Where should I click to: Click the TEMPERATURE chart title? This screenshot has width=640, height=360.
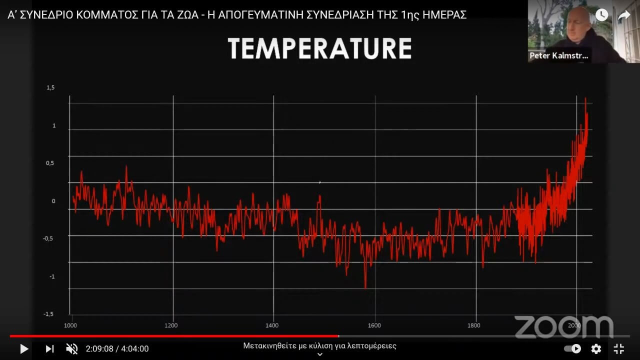point(319,48)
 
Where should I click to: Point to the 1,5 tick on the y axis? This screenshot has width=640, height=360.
point(50,88)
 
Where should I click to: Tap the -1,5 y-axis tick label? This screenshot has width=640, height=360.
point(48,314)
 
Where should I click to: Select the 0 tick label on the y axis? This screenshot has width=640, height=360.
point(53,201)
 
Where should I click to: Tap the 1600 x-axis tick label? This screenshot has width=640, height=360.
point(374,325)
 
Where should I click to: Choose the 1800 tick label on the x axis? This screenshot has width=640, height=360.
point(473,325)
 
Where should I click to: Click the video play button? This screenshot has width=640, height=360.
point(23,348)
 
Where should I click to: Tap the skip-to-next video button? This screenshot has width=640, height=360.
point(49,348)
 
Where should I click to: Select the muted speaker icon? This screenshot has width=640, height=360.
point(71,348)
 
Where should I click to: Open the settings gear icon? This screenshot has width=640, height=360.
point(596,348)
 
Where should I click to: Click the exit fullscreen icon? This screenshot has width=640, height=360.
point(618,348)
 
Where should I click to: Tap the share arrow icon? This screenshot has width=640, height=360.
point(624,15)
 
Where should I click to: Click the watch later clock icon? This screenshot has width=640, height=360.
point(601,15)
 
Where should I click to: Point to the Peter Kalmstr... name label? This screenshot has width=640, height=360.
point(559,55)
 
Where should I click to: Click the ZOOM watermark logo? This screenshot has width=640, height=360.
point(563,326)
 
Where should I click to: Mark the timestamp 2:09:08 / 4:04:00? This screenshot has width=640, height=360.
point(117,348)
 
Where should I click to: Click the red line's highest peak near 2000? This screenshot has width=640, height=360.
point(585,99)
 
